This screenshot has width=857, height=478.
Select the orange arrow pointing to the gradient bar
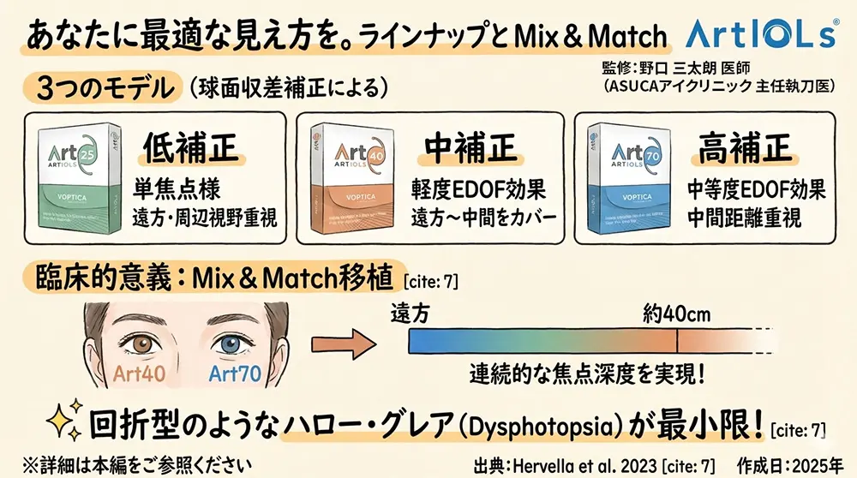click(x=347, y=342)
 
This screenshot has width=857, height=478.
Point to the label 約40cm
click(x=677, y=314)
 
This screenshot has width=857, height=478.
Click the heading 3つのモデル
click(x=104, y=88)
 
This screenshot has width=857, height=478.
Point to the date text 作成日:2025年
click(x=793, y=463)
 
